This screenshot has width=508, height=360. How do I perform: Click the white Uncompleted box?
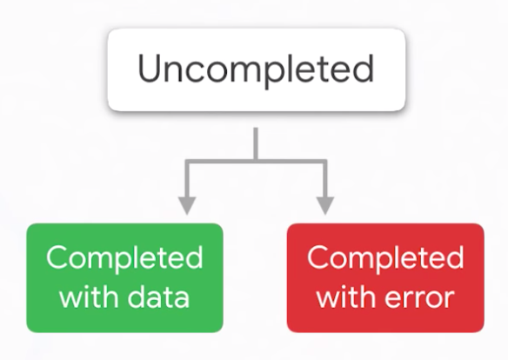(255, 70)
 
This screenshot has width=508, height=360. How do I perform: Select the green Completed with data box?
(124, 277)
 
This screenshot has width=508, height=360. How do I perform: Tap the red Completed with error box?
(385, 277)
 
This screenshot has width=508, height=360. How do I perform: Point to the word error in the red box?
(419, 297)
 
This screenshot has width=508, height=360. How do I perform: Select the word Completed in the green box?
(124, 258)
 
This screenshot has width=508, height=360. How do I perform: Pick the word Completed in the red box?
(385, 258)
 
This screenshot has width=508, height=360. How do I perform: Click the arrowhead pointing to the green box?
(186, 205)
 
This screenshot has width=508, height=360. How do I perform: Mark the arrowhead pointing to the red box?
(324, 205)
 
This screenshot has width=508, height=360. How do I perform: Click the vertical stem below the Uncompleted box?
(255, 143)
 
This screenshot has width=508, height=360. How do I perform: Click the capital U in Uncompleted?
(150, 70)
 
